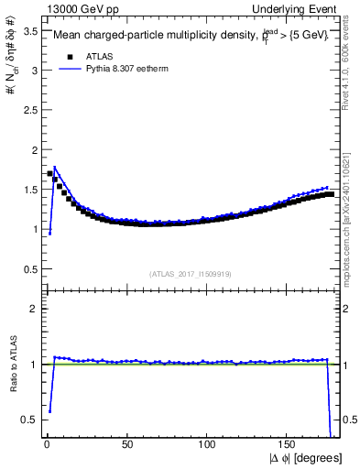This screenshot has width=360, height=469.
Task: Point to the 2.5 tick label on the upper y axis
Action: tap(28, 110)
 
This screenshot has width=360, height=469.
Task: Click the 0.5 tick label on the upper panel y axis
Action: tap(28, 268)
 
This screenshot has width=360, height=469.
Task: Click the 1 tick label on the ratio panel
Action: tap(33, 365)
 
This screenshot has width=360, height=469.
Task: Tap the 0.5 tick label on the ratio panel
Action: tap(28, 420)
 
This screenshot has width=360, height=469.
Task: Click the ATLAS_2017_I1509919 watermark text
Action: tap(190, 273)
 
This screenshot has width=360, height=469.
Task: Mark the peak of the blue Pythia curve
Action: tap(55, 168)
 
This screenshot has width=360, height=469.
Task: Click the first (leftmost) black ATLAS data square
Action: tap(49, 173)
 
